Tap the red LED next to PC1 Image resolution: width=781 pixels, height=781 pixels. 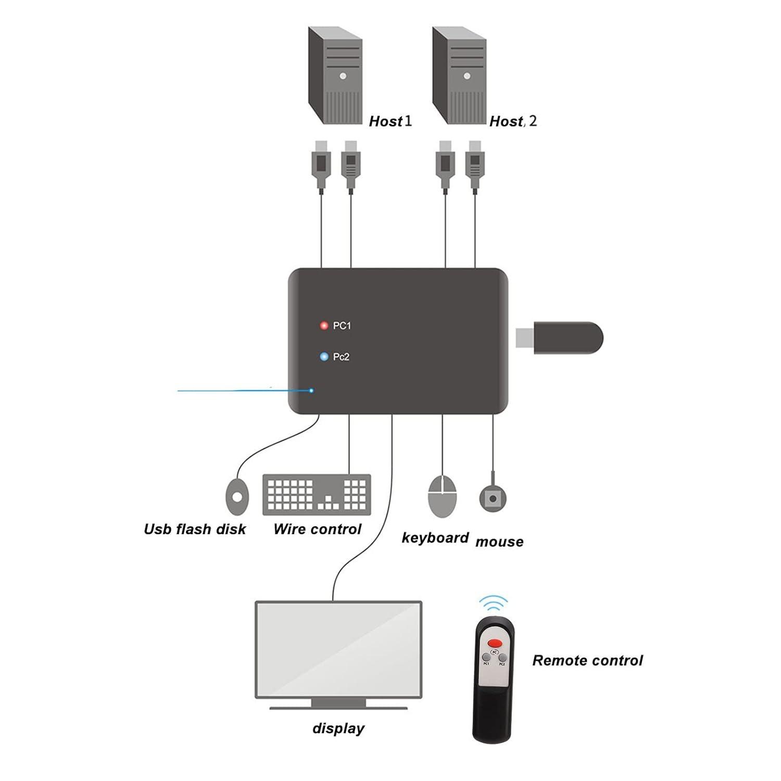(324, 326)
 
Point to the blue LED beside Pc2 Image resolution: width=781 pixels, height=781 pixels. (324, 357)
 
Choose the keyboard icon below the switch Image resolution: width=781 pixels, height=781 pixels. (317, 493)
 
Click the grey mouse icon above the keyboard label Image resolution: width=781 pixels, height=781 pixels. (443, 496)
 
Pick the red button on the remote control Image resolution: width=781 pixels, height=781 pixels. (495, 644)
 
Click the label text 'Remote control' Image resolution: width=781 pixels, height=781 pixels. (587, 661)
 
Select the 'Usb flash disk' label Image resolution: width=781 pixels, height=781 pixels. (195, 530)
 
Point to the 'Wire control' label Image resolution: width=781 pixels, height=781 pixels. (317, 530)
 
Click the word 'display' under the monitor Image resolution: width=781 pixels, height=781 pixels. (338, 728)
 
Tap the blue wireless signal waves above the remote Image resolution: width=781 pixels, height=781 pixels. (493, 604)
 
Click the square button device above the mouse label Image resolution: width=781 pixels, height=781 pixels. (493, 498)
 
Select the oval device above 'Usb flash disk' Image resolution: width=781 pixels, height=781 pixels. (237, 497)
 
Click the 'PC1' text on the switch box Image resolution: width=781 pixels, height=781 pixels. (342, 326)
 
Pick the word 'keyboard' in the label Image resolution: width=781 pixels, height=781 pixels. (435, 538)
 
